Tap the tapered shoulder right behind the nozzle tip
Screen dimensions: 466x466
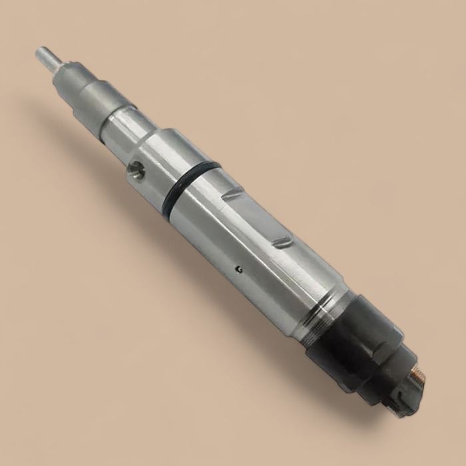pyautogui.click(x=61, y=67)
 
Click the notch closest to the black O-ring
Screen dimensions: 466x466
pyautogui.click(x=233, y=194)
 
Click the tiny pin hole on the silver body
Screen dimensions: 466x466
pyautogui.click(x=239, y=269)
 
